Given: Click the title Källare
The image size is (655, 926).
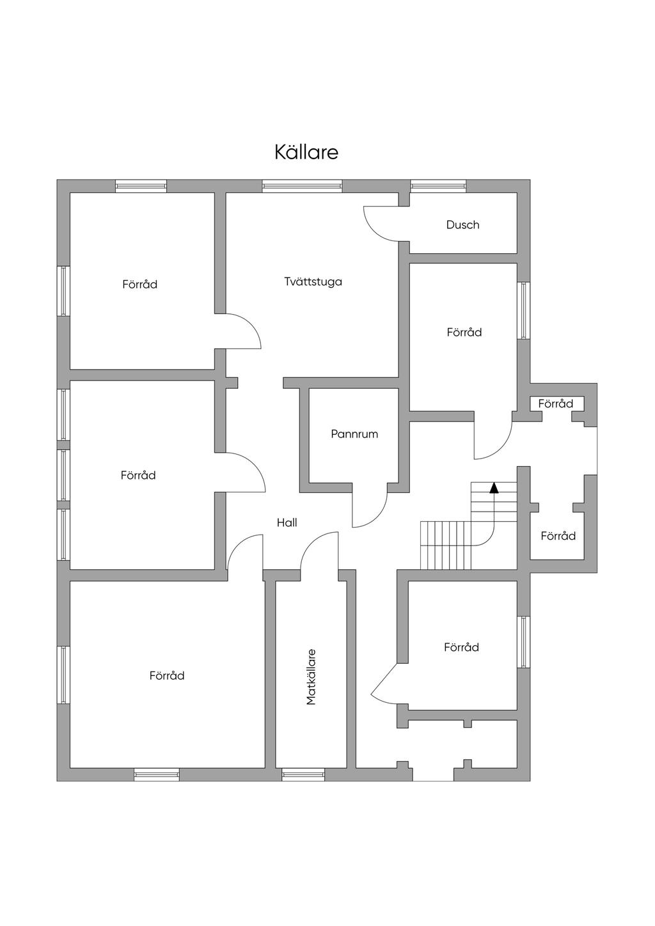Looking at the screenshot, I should [306, 152].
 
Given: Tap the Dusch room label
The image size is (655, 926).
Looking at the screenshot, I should [462, 225].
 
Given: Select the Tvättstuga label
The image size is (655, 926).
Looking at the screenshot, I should [313, 281].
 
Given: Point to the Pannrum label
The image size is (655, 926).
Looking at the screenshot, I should [354, 434].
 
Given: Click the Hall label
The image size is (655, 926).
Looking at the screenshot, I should [287, 522].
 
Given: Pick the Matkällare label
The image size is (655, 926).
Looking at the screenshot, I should [312, 677].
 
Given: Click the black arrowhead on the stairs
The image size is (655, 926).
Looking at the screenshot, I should [494, 488].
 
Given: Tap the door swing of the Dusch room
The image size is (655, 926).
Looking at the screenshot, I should [382, 224].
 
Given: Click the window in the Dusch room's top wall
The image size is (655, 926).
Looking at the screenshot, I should [438, 186].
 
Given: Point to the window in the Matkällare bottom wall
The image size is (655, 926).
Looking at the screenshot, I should [303, 775].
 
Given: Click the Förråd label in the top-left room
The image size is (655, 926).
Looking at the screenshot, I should [139, 285].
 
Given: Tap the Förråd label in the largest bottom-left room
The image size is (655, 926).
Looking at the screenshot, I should [167, 676].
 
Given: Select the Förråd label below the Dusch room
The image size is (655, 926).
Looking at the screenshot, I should [464, 333].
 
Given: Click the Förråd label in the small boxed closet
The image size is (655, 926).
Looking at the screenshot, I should [555, 404].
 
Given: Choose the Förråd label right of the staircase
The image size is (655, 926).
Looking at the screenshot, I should [558, 536].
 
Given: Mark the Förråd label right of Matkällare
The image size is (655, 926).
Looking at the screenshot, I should [461, 648].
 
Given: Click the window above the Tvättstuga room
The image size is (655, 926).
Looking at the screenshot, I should [302, 186].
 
